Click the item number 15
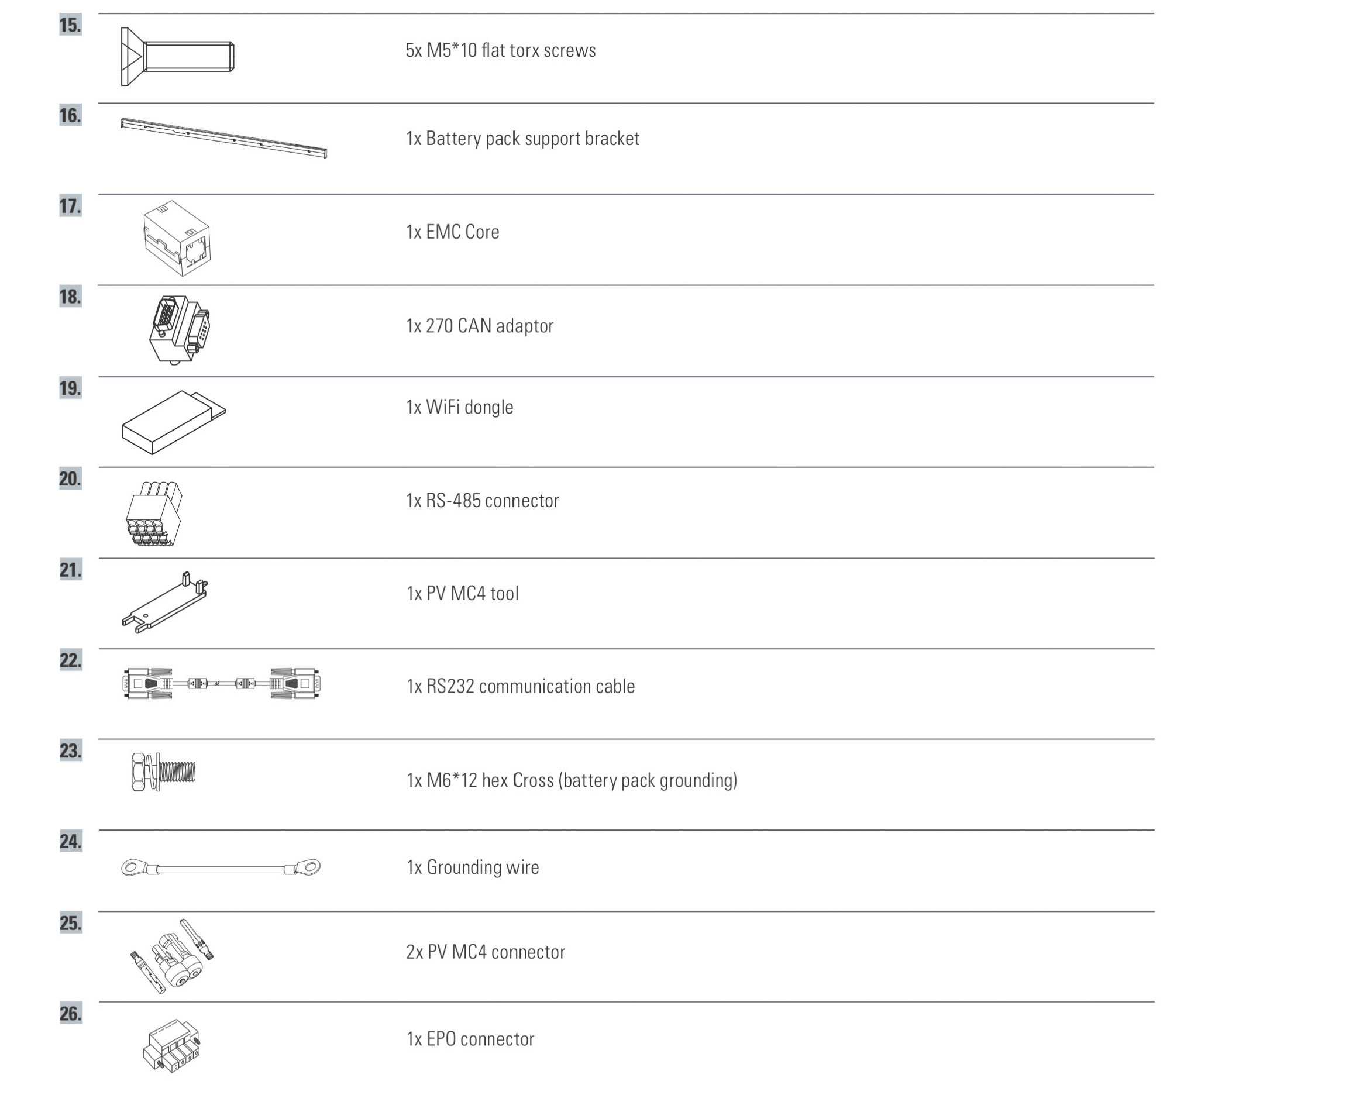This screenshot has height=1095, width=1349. [x=71, y=25]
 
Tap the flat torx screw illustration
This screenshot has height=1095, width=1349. [x=177, y=57]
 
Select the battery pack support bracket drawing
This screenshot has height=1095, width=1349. [x=224, y=137]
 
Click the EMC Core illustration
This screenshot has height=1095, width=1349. [x=177, y=238]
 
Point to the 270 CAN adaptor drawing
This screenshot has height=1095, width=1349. [x=180, y=329]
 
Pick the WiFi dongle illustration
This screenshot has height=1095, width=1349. [x=173, y=422]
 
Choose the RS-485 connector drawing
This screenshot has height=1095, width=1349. [x=154, y=514]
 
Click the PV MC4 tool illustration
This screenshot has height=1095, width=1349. [x=164, y=602]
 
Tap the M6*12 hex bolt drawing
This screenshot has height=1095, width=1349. [x=163, y=772]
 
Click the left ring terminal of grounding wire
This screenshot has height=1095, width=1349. [x=134, y=868]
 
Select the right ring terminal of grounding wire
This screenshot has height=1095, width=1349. [x=307, y=867]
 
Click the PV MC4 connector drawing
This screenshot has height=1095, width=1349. [x=171, y=956]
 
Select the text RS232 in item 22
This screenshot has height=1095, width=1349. [x=450, y=686]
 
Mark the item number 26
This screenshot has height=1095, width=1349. [x=71, y=1014]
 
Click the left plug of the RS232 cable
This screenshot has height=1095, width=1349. [x=147, y=684]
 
